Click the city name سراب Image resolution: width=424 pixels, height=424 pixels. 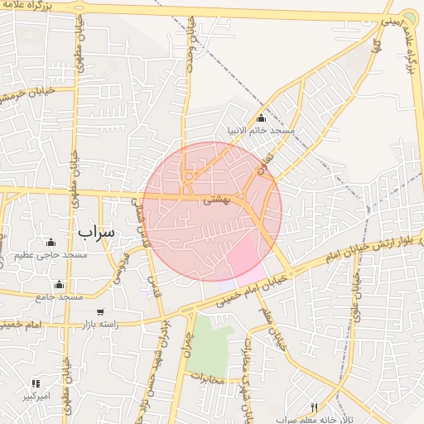click(x=94, y=233)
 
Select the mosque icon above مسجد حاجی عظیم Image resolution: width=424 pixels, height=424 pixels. click(x=51, y=243)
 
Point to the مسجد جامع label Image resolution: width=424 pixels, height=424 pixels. click(x=59, y=296)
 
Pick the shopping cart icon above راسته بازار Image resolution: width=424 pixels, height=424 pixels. click(x=100, y=312)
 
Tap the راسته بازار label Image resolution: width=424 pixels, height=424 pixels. click(x=100, y=324)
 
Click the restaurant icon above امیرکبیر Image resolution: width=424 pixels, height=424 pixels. click(x=36, y=383)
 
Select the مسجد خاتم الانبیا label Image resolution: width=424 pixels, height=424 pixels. click(x=262, y=131)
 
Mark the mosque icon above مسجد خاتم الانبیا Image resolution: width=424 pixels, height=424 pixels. click(x=262, y=118)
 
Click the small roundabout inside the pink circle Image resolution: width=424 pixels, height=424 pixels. click(x=190, y=176)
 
